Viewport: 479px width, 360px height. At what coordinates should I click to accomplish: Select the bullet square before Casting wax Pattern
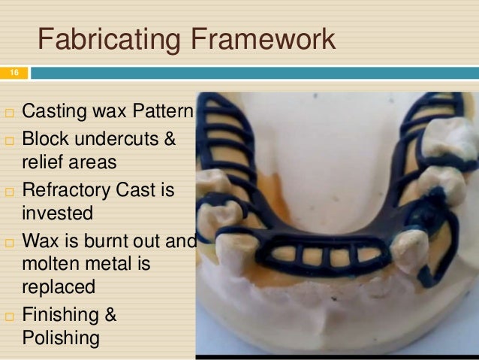tap(8, 115)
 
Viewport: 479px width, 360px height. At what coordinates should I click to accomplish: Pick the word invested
tap(57, 213)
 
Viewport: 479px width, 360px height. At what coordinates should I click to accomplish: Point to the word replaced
tap(59, 287)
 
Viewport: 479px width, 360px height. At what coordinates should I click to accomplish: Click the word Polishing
tap(61, 337)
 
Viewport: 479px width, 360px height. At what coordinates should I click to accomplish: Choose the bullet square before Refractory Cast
tap(8, 190)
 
